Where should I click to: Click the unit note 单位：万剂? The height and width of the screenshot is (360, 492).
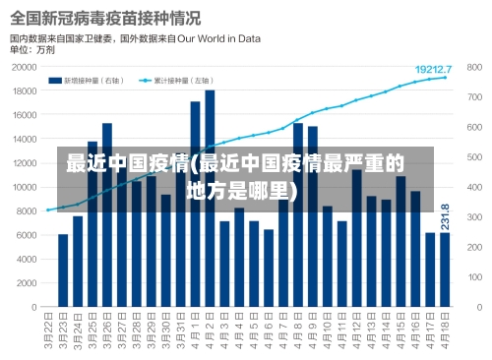click(x=32, y=49)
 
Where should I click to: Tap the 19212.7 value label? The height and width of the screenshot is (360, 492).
click(x=433, y=69)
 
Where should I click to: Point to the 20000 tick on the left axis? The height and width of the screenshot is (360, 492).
click(x=24, y=68)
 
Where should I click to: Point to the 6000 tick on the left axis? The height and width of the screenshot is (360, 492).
click(x=27, y=234)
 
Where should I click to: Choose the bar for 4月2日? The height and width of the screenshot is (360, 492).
click(x=210, y=197)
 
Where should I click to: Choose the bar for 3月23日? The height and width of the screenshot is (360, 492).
click(x=63, y=270)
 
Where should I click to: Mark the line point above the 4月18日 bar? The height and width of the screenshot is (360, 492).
click(x=445, y=78)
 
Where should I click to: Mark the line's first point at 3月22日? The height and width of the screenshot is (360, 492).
click(x=48, y=210)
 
